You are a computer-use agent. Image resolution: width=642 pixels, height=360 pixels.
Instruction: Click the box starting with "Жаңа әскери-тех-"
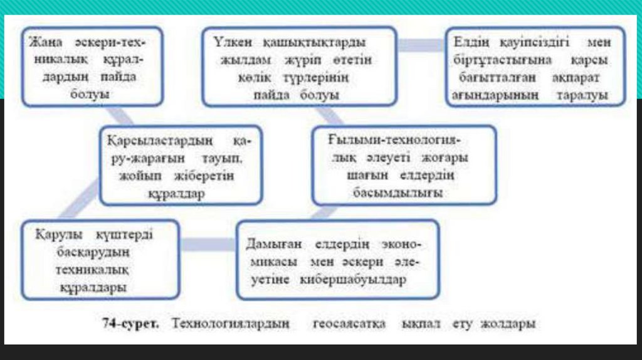[92, 66]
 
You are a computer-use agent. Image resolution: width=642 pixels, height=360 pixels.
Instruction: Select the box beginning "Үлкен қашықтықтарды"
[299, 66]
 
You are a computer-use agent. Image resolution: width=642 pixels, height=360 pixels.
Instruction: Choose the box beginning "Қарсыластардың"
[180, 165]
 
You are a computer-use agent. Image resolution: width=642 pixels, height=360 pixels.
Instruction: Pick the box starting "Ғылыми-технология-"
[404, 165]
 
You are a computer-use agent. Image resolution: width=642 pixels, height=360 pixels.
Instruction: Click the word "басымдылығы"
[404, 193]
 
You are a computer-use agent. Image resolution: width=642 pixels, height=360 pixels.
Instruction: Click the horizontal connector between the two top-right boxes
[421, 45]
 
